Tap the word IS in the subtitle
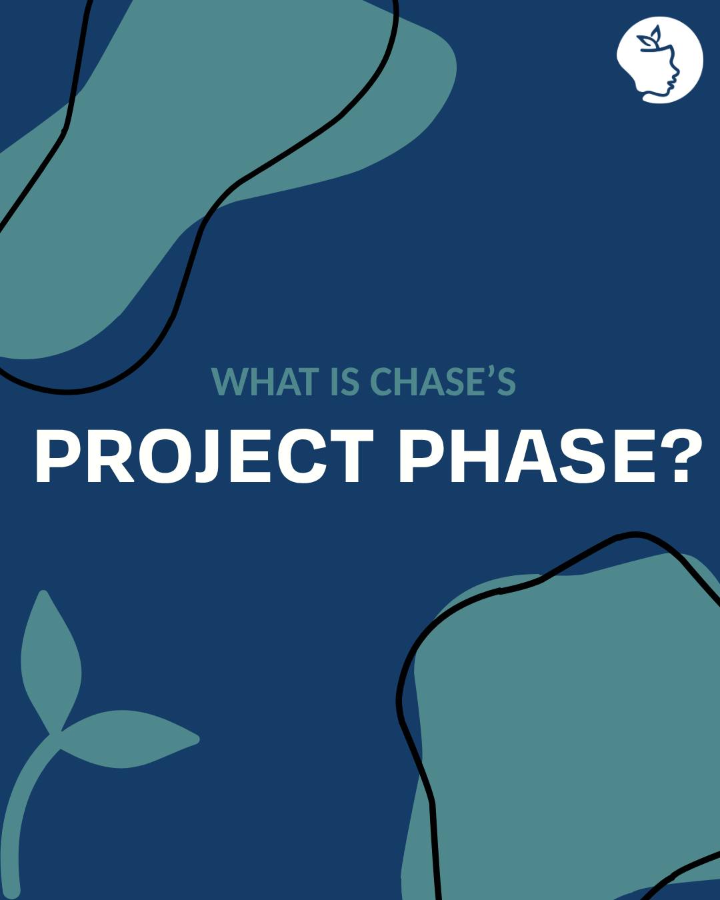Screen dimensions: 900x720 pos(343,381)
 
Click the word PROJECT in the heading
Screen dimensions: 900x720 pos(204,457)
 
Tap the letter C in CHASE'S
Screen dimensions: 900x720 pos(384,381)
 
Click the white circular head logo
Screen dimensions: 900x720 pos(659,60)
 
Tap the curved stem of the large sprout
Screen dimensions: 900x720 pos(20,813)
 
